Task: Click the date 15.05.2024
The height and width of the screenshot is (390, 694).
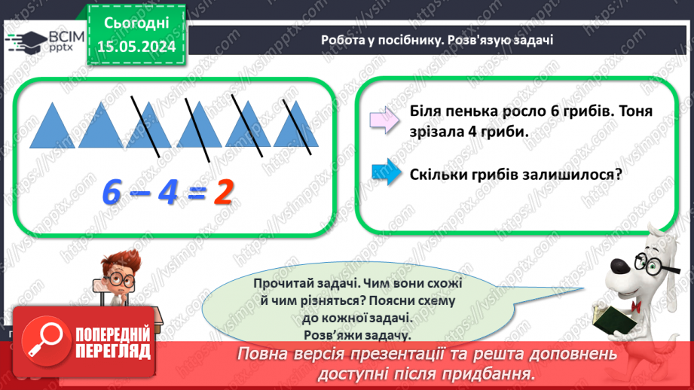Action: point(137,45)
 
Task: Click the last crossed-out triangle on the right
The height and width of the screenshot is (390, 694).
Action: point(295,126)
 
